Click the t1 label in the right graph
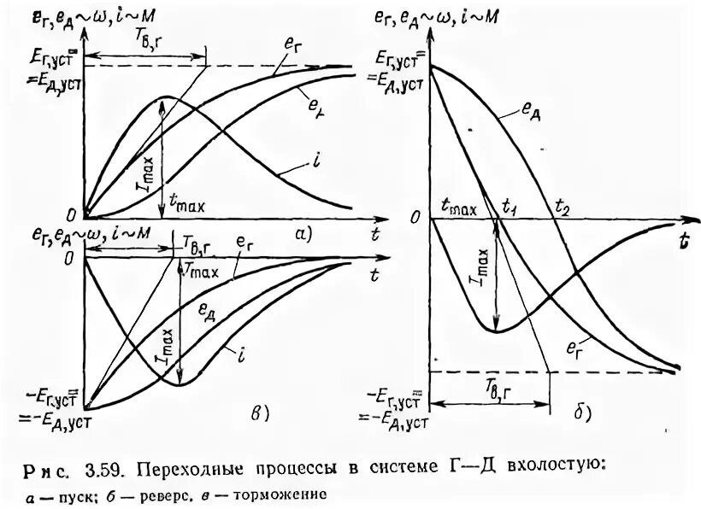pyautogui.click(x=510, y=206)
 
